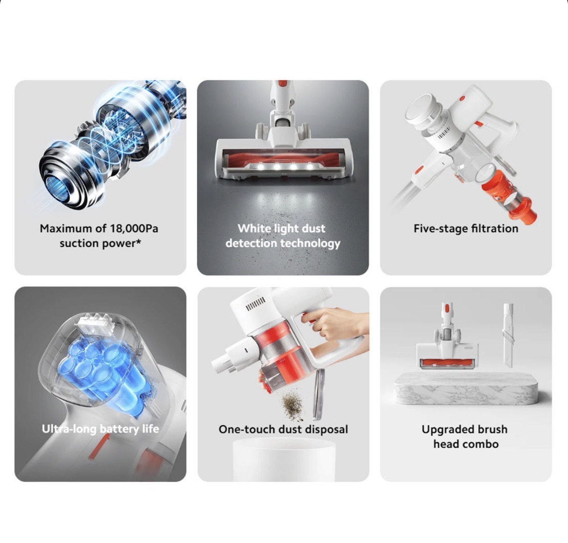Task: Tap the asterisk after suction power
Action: [x=138, y=241]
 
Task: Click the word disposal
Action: [x=326, y=429]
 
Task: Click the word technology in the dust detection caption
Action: [x=310, y=244]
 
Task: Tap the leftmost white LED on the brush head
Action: [x=260, y=167]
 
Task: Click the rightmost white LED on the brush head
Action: [x=310, y=167]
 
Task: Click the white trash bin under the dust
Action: [x=284, y=459]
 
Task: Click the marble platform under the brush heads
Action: [x=466, y=388]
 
